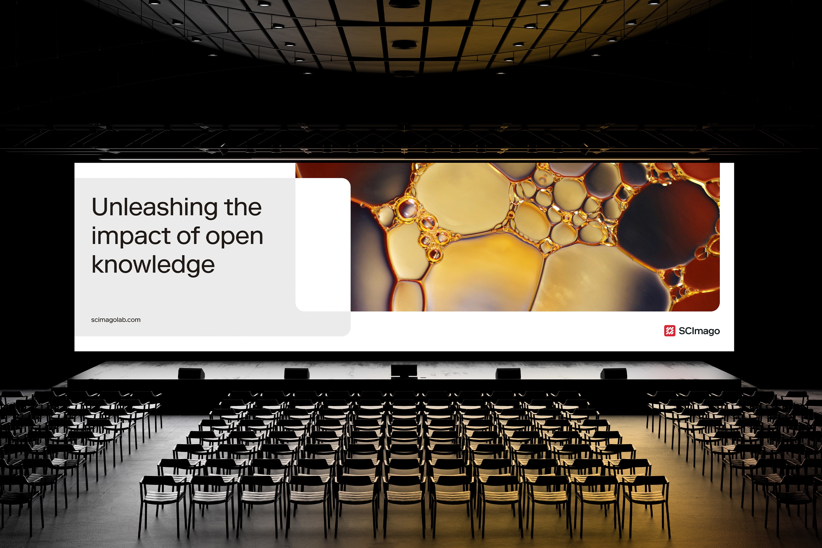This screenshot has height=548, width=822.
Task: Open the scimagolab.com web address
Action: click(116, 320)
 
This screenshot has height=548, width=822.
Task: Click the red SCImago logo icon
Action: click(670, 331)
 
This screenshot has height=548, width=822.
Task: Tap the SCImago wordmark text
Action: click(699, 331)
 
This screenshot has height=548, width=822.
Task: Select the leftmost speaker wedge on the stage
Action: click(191, 373)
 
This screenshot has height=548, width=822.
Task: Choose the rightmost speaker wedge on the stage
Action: click(613, 373)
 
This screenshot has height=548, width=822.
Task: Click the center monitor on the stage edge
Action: click(404, 371)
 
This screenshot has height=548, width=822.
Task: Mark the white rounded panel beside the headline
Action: click(323, 245)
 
